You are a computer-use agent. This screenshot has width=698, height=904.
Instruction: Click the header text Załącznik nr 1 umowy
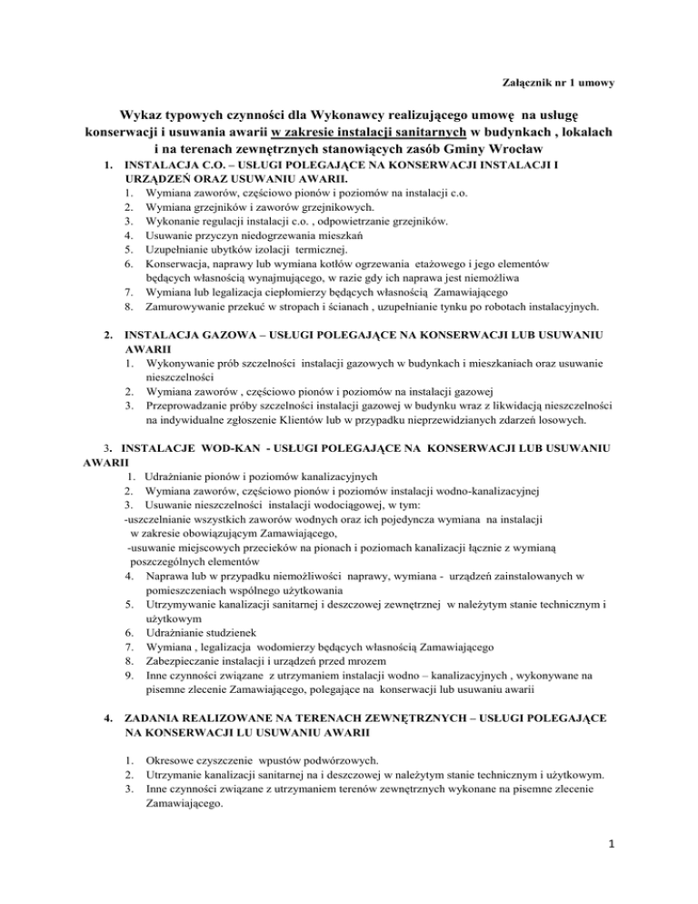[558, 85]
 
